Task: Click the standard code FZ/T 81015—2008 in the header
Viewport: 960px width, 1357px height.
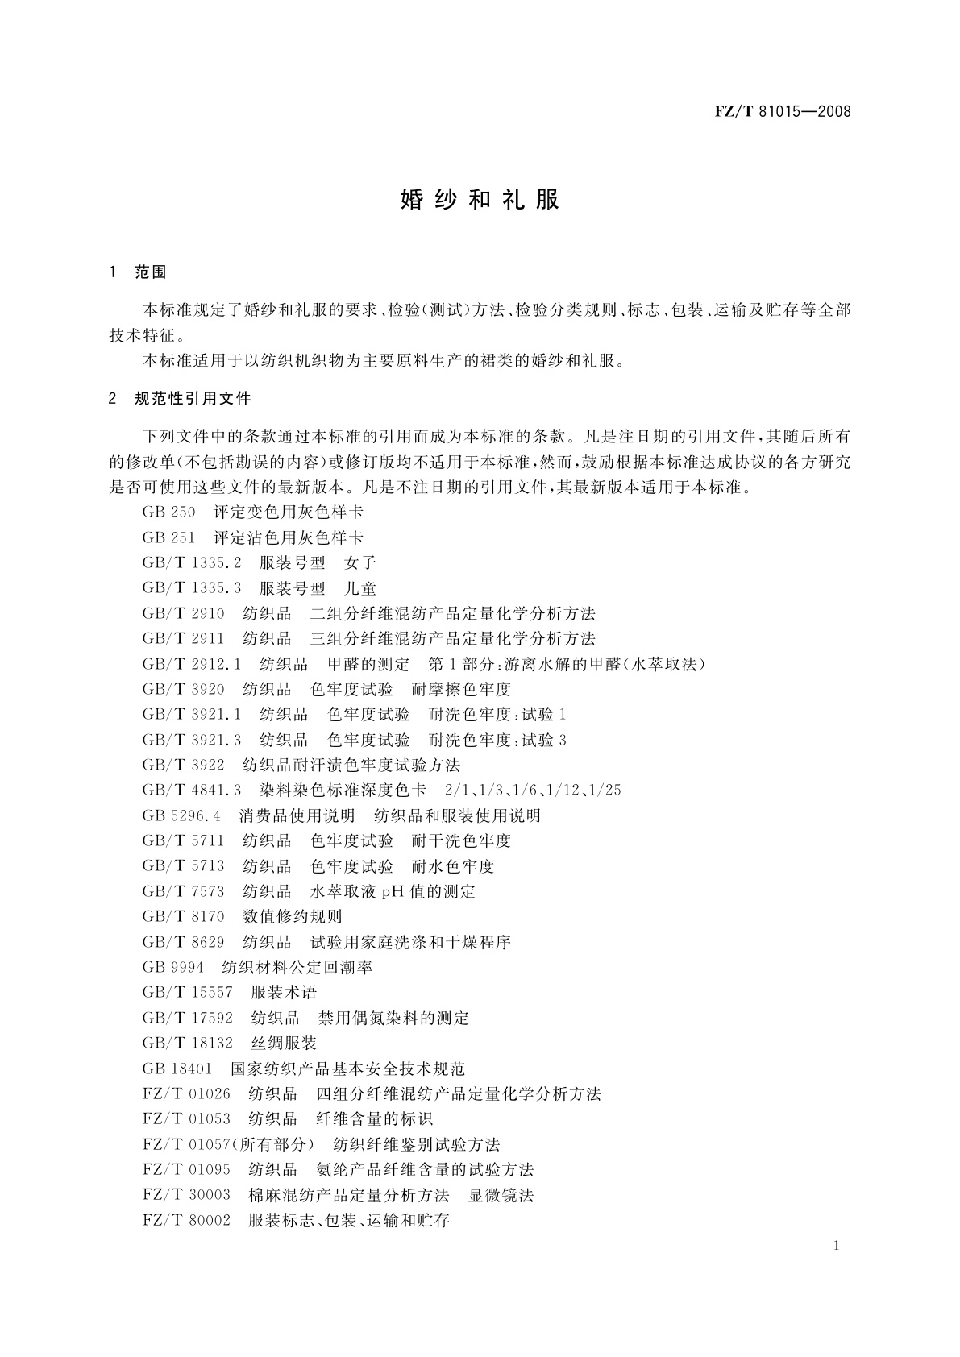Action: [x=782, y=112]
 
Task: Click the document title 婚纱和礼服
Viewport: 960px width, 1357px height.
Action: [x=480, y=200]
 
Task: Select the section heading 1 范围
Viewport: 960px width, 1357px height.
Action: [x=138, y=272]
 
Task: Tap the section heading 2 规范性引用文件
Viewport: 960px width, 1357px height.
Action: [x=181, y=399]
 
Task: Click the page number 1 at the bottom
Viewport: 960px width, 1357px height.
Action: [x=837, y=1247]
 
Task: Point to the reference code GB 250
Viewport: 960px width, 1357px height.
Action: [x=168, y=513]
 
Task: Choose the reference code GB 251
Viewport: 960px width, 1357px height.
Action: [x=168, y=537]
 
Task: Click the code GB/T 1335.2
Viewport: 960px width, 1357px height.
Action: [x=192, y=563]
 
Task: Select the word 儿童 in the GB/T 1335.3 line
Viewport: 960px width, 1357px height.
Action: [x=360, y=588]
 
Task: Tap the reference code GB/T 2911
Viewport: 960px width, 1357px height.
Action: [x=183, y=639]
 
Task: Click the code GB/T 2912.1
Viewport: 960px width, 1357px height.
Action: [x=192, y=664]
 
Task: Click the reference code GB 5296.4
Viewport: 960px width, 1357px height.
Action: [x=181, y=815]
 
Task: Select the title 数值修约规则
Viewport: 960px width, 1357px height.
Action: [x=293, y=917]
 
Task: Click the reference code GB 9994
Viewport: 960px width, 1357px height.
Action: [x=172, y=968]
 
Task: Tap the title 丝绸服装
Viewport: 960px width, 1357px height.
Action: [x=284, y=1044]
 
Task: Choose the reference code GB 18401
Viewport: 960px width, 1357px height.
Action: [x=177, y=1069]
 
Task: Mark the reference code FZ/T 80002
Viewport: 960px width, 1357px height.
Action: [x=186, y=1221]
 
